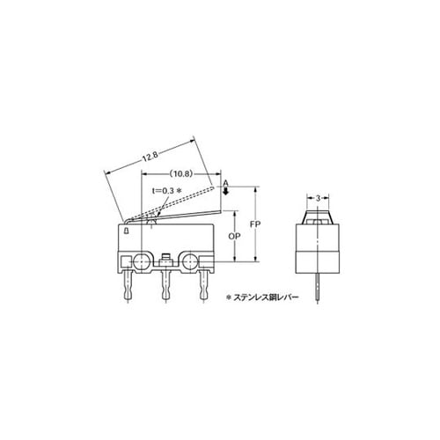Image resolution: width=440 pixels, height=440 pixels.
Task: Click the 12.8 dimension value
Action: (150, 157)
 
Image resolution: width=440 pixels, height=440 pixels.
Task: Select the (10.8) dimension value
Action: (181, 174)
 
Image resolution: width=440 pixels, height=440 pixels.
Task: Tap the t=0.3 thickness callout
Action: (163, 191)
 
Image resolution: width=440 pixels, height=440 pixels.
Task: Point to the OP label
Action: (234, 236)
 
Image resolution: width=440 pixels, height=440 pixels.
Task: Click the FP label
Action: (255, 224)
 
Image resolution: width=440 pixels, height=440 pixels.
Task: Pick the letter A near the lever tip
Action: (225, 184)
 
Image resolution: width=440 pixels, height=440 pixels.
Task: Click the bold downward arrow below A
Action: (225, 191)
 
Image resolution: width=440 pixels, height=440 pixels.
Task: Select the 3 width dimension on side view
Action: (318, 198)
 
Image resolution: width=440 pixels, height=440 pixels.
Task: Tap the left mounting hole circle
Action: (142, 260)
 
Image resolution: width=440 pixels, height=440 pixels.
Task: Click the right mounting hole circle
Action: (190, 260)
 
